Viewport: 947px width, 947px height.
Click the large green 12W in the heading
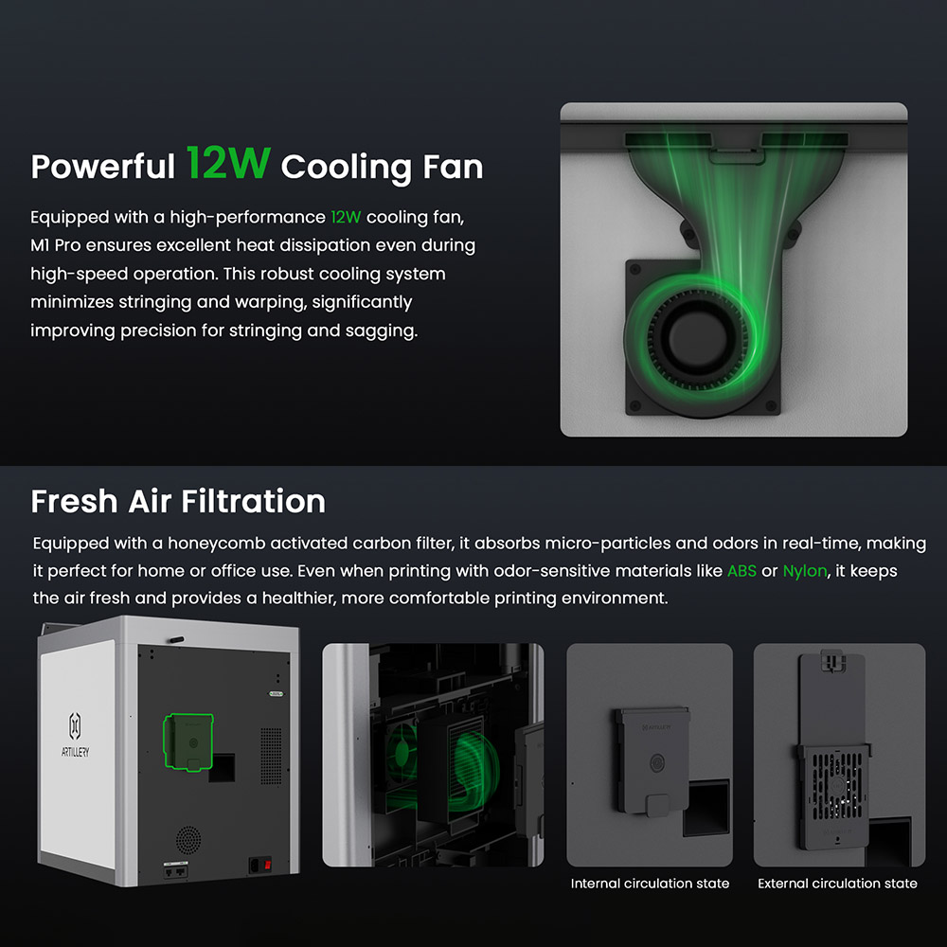228,164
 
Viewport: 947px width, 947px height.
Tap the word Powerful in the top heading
102,167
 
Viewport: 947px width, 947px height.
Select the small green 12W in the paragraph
346,217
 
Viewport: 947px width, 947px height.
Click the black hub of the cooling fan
703,340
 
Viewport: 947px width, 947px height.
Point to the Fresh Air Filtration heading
178,501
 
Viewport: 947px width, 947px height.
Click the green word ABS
742,571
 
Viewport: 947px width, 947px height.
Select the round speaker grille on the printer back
188,838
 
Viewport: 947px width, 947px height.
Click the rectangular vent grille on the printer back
271,755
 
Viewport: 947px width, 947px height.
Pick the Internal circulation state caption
650,884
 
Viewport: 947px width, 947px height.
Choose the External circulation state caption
837,884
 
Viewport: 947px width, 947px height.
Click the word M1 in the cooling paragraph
42,245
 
